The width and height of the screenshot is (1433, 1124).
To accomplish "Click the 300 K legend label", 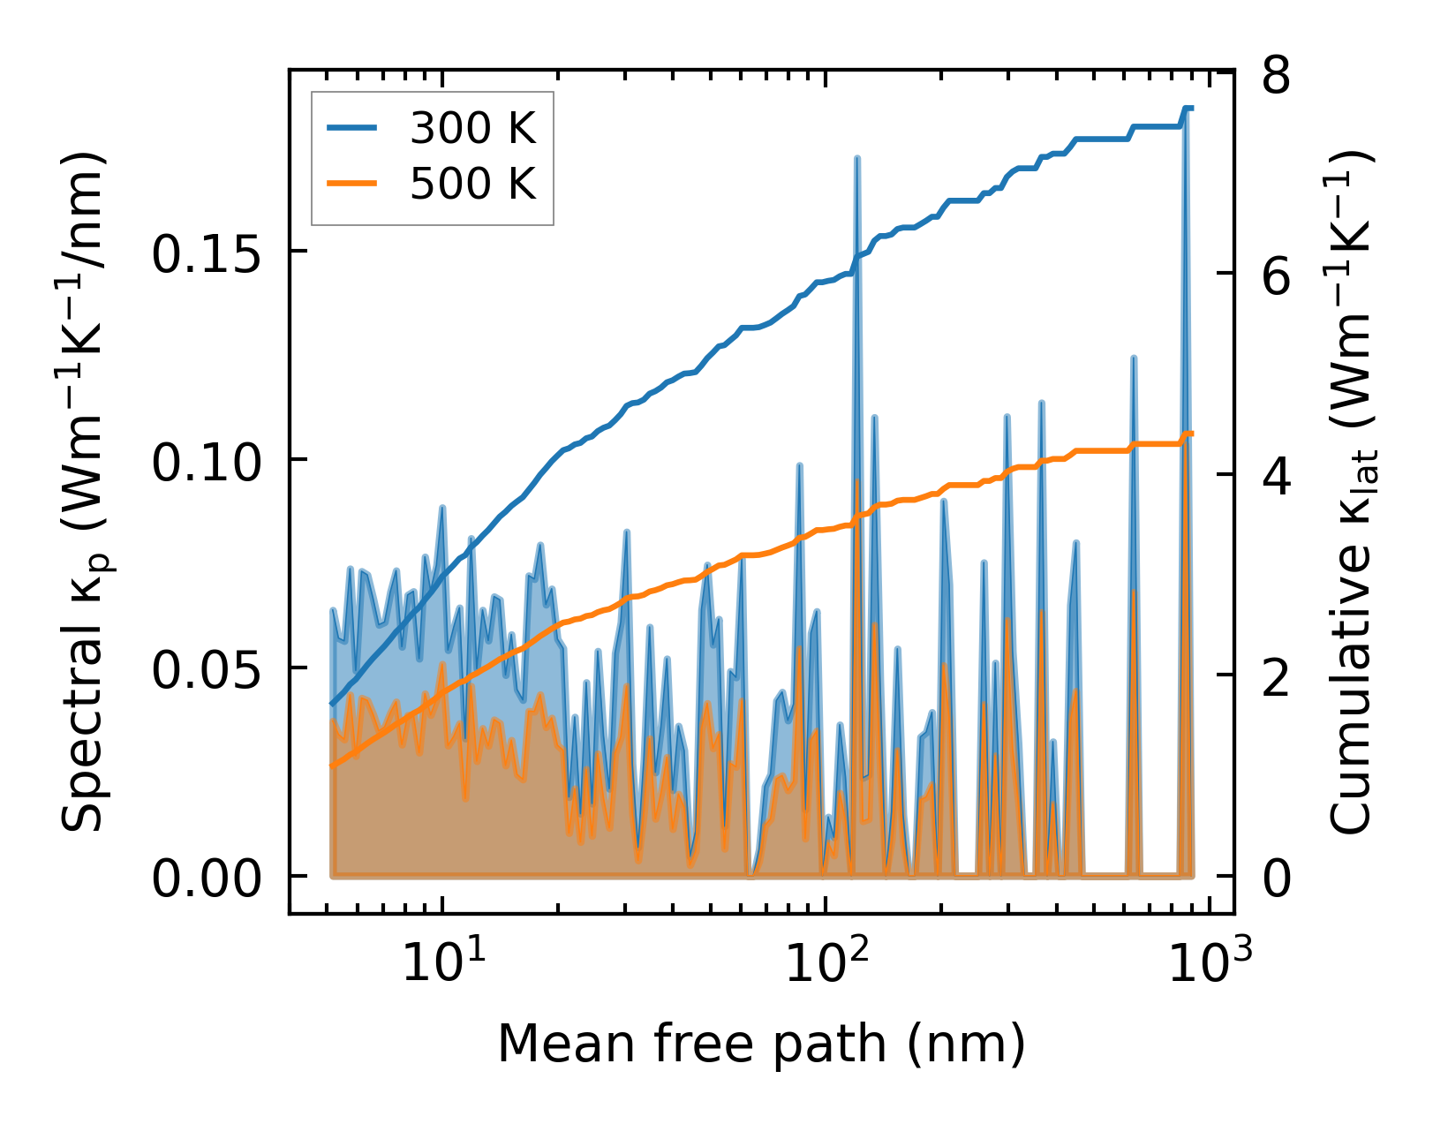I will [472, 129].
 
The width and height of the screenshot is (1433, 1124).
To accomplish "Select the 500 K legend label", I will [472, 185].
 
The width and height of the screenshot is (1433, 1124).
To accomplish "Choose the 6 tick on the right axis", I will [1276, 277].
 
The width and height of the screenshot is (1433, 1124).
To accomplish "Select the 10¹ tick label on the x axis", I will [442, 962].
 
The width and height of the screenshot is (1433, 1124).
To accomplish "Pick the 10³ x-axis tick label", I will [1210, 962].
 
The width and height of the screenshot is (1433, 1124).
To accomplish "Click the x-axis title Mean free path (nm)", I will [761, 1045].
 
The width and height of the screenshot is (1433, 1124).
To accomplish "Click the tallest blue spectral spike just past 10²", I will [856, 160].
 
